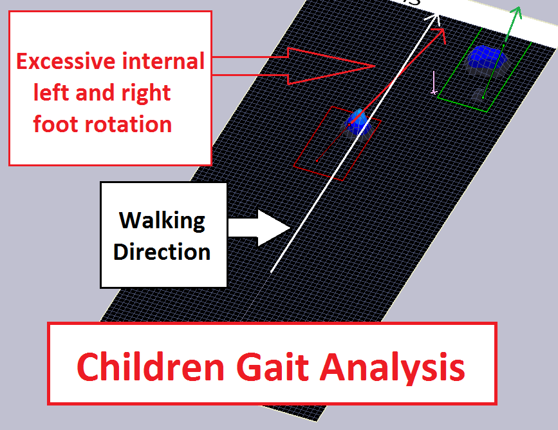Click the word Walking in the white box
[162, 220]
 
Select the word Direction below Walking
[162, 251]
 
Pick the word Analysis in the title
[393, 367]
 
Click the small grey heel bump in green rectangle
[477, 95]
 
